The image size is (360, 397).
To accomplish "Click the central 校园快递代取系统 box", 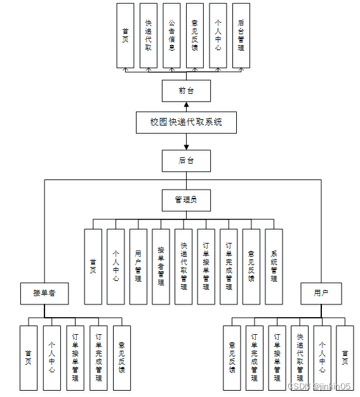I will [186, 122].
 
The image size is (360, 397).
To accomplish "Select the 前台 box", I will [186, 91].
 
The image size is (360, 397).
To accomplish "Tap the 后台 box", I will [186, 160].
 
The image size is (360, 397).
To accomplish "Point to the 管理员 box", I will [186, 200].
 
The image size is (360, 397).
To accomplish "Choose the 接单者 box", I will [44, 294].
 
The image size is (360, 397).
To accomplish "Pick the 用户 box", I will [321, 294].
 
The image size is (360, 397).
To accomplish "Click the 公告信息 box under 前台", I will [172, 36].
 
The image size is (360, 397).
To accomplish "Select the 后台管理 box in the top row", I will [241, 36].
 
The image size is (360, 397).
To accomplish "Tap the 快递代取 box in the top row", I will [149, 36].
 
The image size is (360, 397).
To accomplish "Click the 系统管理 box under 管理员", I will [274, 266].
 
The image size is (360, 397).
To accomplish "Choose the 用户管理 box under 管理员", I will [138, 266].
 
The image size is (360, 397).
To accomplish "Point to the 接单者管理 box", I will [161, 266].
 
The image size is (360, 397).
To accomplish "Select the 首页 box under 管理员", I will [93, 266].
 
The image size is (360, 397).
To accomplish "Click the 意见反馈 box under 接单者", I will [122, 358].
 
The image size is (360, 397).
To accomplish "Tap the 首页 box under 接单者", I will [29, 358].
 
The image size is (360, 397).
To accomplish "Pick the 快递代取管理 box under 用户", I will [300, 358].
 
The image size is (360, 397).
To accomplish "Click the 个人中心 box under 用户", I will [322, 358].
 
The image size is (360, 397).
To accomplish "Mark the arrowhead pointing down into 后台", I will [186, 146].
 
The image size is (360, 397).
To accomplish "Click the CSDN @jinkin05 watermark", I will [319, 386].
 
